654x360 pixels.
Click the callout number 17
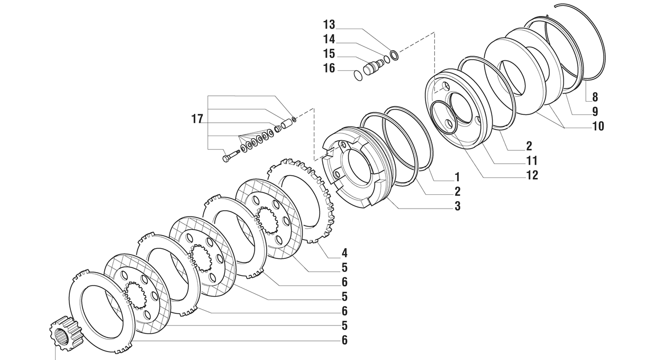197,120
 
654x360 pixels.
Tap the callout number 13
329,25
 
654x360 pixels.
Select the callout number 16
329,68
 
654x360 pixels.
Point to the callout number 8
595,97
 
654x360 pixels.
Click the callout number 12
532,175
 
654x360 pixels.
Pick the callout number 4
344,253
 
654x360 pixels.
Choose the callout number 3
457,206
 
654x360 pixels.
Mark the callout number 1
457,177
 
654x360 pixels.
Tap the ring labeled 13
393,54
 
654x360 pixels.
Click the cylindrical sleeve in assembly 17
286,124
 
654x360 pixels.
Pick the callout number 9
595,112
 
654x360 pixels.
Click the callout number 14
329,39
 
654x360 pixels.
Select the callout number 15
329,54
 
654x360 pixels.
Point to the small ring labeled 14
387,60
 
